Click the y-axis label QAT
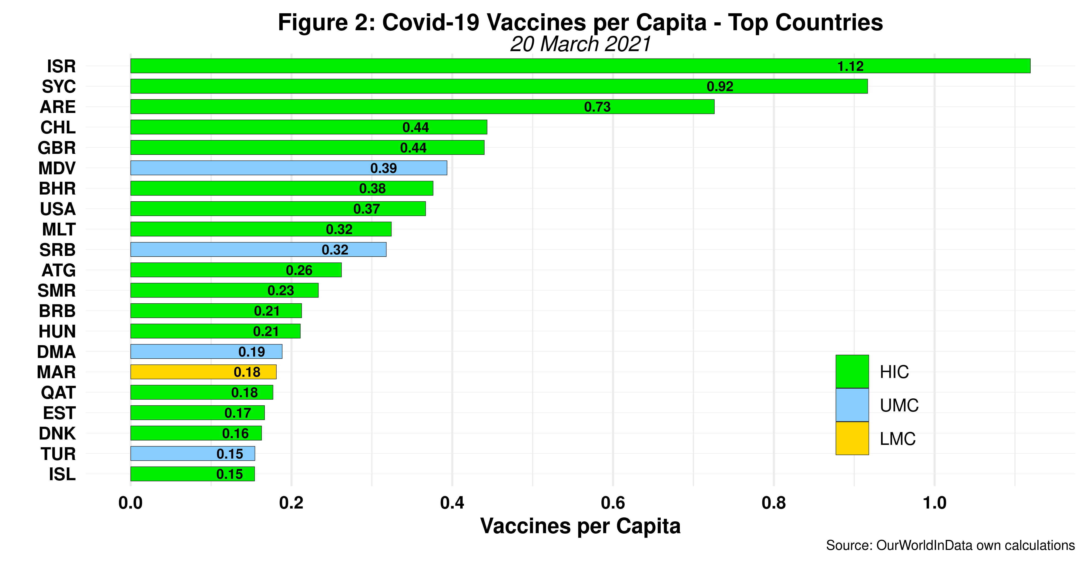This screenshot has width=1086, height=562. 58,393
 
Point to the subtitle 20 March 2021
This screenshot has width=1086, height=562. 580,44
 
